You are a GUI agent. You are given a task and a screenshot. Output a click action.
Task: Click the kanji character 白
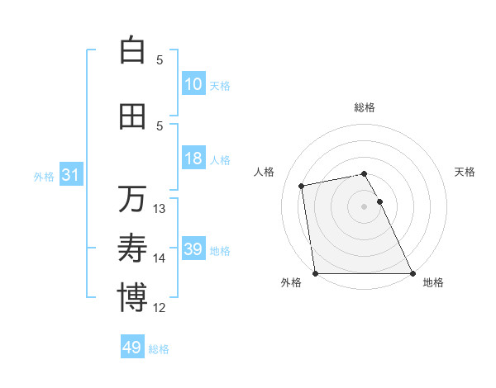pos(132,50)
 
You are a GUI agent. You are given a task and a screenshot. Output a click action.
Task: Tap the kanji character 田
pos(132,117)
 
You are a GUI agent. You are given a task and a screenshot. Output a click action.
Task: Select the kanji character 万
pos(132,199)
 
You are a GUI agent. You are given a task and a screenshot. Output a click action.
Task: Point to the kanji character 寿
pos(132,248)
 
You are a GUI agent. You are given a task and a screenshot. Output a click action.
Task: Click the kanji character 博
pos(132,298)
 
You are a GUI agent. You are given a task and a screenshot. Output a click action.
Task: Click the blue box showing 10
pos(193,84)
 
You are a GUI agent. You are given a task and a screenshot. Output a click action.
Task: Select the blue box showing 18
pos(193,159)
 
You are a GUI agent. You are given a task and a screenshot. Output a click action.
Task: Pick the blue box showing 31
pos(70,176)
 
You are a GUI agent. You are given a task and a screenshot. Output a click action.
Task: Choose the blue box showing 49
pos(132,348)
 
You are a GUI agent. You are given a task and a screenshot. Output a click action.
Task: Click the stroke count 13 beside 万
pos(160,209)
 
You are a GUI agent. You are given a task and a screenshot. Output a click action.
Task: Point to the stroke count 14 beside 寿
pos(160,258)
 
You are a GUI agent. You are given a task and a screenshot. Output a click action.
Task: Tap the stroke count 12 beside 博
pos(160,308)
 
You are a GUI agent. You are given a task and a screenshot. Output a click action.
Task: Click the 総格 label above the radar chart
pos(365,107)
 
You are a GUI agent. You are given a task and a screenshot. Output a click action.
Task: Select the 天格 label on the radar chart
pos(465,172)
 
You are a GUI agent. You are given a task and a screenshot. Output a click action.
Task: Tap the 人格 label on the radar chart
pos(265,172)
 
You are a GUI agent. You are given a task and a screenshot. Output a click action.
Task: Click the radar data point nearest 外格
pos(315,273)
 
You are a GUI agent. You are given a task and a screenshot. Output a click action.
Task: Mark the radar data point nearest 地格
pos(413,273)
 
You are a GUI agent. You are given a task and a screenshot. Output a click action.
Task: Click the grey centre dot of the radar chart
pos(365,206)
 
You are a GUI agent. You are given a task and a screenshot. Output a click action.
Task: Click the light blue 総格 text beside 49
pos(159,349)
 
